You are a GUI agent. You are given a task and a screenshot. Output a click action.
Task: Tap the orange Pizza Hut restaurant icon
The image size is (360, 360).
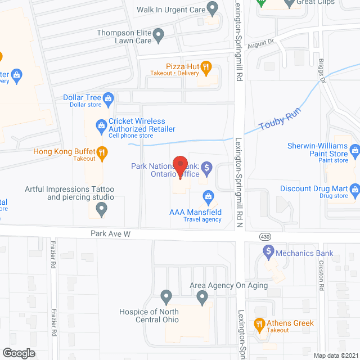pos(206,69)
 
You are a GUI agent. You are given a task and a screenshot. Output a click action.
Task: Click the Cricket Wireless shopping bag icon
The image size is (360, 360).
pos(101,124)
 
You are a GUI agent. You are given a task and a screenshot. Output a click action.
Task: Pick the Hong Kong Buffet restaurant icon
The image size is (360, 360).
pos(101,152)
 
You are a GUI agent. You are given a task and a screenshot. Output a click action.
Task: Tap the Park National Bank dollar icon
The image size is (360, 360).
pos(206,166)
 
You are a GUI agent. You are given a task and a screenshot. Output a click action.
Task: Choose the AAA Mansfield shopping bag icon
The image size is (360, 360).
pos(208,196)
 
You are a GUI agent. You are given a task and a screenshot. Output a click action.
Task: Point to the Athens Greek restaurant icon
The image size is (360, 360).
pos(259,323)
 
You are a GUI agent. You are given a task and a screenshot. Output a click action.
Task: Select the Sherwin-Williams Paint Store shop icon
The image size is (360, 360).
pos(355,150)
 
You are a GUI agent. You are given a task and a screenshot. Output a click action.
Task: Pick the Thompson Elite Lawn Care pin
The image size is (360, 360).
pos(159,36)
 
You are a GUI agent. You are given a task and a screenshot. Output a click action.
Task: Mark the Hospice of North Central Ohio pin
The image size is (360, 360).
pos(166,295)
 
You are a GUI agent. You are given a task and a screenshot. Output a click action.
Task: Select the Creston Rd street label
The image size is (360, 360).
pos(321,275)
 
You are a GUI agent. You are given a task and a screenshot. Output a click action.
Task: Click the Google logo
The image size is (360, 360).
pos(19,353)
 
